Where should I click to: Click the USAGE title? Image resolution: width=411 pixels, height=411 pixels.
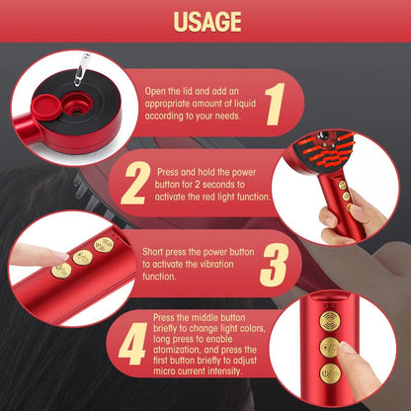tap(205, 22)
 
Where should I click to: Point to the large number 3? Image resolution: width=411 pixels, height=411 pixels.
tap(273, 265)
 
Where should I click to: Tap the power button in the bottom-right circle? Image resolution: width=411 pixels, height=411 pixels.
tap(331, 373)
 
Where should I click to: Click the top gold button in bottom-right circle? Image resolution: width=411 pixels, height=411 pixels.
tap(330, 322)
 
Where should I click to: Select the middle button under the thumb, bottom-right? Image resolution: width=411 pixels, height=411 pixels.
tap(331, 348)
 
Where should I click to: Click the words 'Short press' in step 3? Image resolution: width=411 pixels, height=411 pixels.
tap(164, 253)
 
